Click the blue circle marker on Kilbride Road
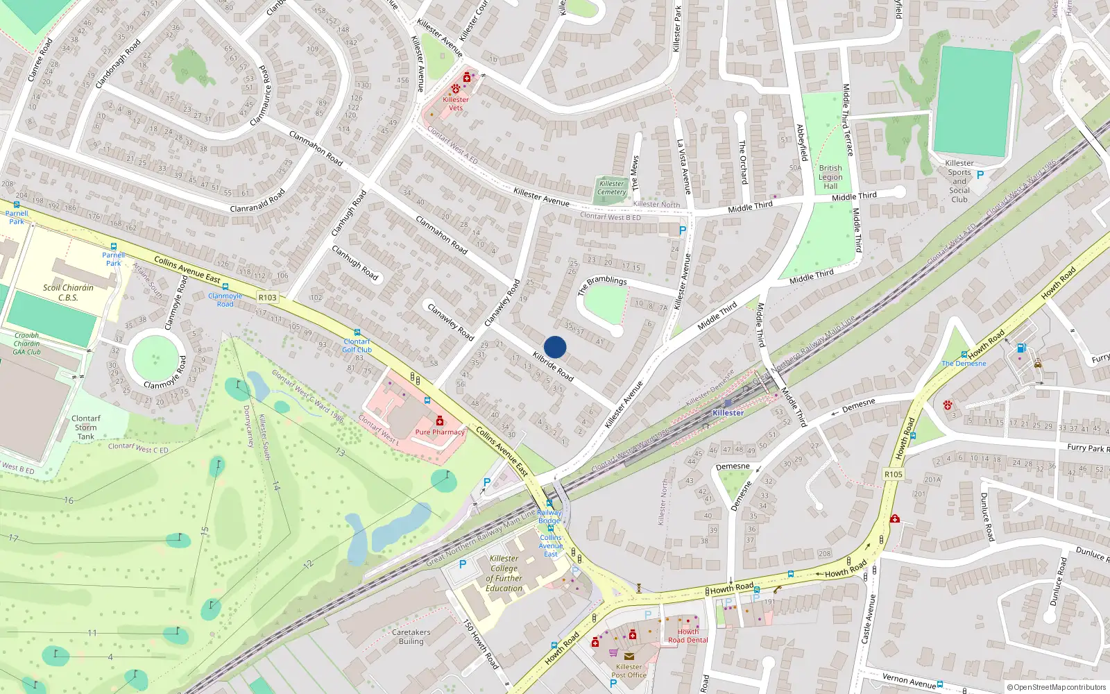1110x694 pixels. click(x=555, y=347)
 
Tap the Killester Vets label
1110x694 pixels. click(x=455, y=103)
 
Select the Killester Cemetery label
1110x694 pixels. click(x=611, y=187)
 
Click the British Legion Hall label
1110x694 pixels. click(x=830, y=177)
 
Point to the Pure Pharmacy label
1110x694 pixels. click(x=440, y=432)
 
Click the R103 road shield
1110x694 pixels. click(x=267, y=297)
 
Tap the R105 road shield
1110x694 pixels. click(x=894, y=474)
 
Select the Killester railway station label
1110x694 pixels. click(x=728, y=412)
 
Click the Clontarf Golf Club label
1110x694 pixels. click(x=357, y=346)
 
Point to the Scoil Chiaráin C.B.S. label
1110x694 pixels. click(x=68, y=292)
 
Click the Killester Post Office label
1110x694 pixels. click(x=629, y=670)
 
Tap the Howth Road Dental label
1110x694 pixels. click(x=688, y=636)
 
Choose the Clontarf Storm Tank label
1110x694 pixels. click(x=86, y=428)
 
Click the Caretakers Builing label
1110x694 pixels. click(x=411, y=636)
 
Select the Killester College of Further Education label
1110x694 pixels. click(x=504, y=573)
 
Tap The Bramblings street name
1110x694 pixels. click(x=601, y=284)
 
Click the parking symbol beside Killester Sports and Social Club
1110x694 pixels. click(x=980, y=175)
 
